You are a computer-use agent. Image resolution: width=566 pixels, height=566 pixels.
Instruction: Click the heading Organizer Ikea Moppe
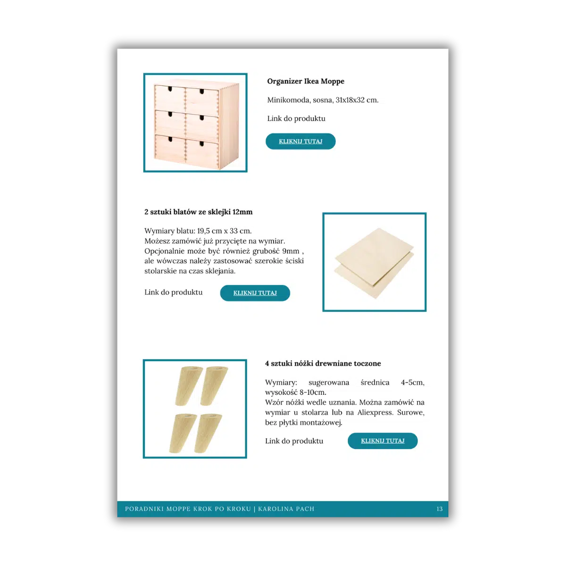click(x=306, y=81)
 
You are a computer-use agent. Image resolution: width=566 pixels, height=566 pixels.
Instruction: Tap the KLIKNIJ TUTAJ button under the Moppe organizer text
click(x=300, y=141)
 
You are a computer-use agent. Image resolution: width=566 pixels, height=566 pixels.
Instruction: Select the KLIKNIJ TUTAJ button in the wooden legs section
click(x=383, y=441)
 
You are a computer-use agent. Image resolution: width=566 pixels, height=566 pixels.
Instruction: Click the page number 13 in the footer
click(x=440, y=509)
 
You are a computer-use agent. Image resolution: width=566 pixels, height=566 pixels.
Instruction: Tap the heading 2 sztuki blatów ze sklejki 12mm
click(x=198, y=212)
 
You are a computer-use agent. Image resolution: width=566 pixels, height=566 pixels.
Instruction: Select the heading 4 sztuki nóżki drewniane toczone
click(x=323, y=364)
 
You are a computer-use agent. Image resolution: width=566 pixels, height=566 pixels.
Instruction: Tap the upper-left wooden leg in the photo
click(x=188, y=386)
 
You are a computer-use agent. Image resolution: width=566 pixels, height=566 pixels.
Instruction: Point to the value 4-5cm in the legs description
click(x=412, y=383)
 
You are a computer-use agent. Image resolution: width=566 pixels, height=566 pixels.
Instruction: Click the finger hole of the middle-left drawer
click(x=170, y=114)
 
